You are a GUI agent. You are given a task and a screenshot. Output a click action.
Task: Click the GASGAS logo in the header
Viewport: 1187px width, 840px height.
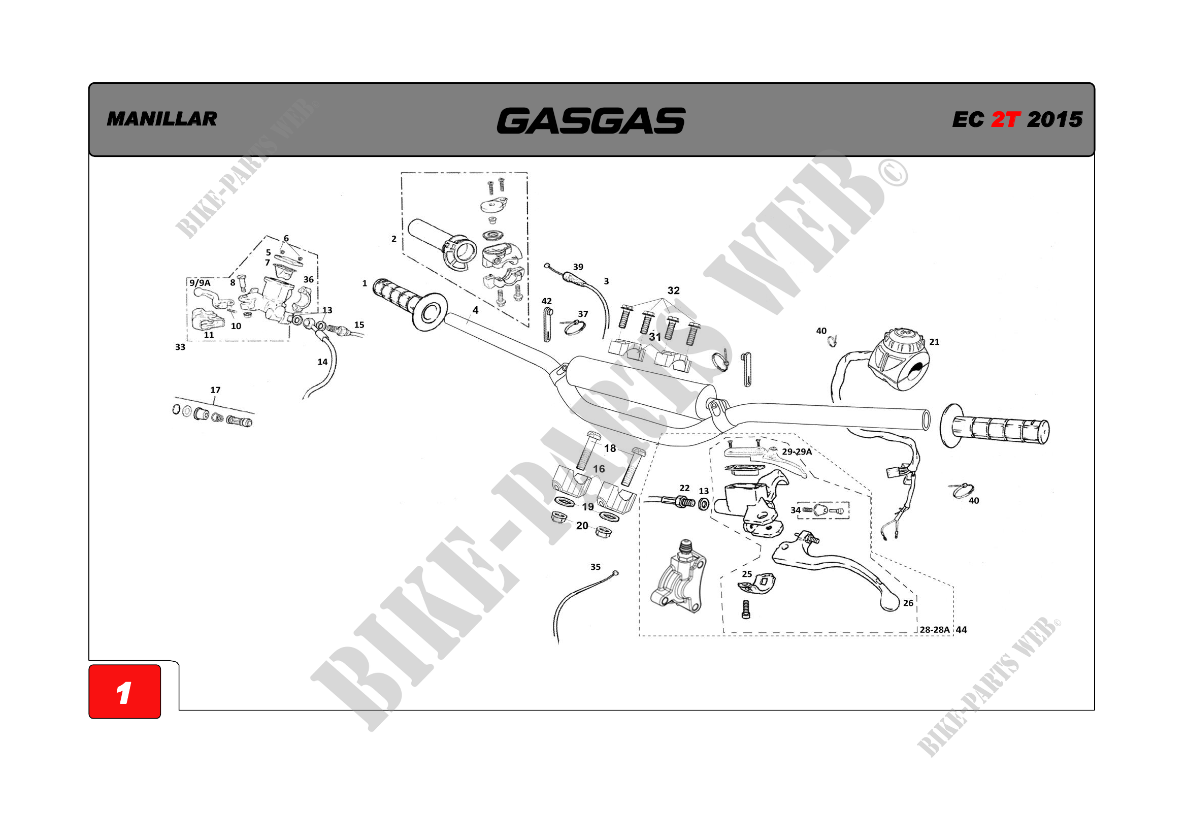click(x=591, y=120)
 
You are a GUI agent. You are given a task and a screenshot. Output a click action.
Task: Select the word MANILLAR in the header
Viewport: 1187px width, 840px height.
click(x=162, y=119)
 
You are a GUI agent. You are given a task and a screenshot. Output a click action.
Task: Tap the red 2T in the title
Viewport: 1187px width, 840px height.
click(x=1005, y=119)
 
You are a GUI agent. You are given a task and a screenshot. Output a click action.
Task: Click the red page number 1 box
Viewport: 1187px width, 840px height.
click(x=124, y=692)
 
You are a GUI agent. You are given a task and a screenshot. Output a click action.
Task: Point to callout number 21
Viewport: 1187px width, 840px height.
click(x=934, y=342)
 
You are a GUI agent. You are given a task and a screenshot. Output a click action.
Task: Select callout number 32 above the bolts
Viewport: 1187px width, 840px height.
click(x=673, y=290)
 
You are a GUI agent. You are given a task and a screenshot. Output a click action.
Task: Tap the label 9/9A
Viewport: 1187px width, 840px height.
click(x=200, y=283)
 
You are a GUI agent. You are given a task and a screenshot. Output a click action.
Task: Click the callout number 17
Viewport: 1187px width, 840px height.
click(x=215, y=390)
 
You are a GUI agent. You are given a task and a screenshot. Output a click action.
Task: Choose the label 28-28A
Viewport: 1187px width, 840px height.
click(x=934, y=629)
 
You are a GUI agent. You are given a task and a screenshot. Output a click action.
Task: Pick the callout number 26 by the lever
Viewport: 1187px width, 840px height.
click(x=908, y=603)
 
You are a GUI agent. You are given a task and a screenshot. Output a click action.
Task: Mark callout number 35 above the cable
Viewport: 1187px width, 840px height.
click(x=596, y=567)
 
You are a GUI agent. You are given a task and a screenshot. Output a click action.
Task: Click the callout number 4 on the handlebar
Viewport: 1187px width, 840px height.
click(x=475, y=310)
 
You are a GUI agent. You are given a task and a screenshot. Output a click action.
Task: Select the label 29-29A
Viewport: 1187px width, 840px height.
click(x=797, y=451)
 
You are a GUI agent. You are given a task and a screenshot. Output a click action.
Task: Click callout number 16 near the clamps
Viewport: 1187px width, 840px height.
click(x=599, y=469)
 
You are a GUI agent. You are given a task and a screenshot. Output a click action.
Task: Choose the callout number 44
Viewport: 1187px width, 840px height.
click(x=961, y=629)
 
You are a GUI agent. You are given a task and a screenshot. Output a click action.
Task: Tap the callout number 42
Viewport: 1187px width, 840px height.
click(x=546, y=301)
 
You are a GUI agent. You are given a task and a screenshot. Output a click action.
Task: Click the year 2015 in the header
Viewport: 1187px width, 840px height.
click(x=1054, y=119)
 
